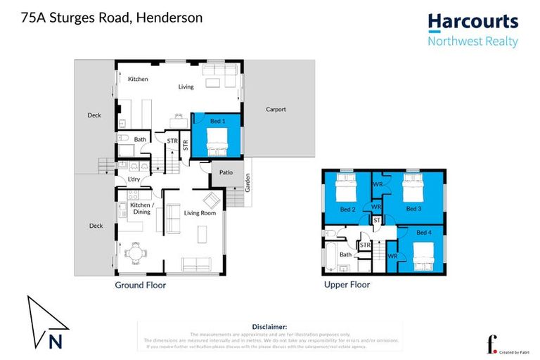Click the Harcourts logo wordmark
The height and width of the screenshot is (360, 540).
pyautogui.click(x=472, y=22)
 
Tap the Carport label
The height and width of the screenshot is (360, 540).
pyautogui.click(x=276, y=110)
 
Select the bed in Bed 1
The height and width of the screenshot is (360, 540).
pyautogui.click(x=218, y=143)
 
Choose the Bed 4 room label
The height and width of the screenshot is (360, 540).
pyautogui.click(x=425, y=233)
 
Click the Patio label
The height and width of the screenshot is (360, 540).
pyautogui.click(x=226, y=172)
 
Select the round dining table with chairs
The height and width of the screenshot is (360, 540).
pyautogui.click(x=135, y=252)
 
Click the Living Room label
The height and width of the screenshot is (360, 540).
pyautogui.click(x=200, y=213)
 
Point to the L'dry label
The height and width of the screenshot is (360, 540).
pyautogui.click(x=134, y=179)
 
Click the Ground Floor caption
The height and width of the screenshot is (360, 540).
pyautogui.click(x=140, y=285)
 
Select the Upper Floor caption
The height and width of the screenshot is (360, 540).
pyautogui.click(x=347, y=285)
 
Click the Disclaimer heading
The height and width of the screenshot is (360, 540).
pyautogui.click(x=269, y=327)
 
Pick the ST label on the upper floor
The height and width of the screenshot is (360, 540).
pyautogui.click(x=377, y=221)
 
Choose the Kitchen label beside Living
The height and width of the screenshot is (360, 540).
pyautogui.click(x=138, y=79)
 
